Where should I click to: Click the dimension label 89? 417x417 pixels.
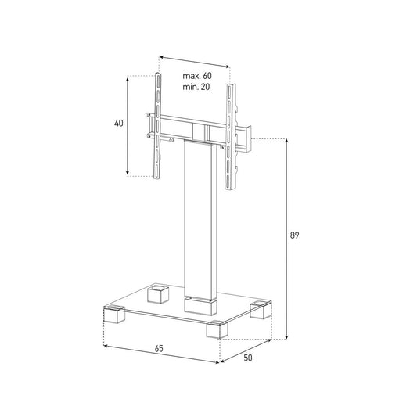(294, 235)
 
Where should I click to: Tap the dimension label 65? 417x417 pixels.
(159, 348)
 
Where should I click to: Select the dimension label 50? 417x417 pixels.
(248, 358)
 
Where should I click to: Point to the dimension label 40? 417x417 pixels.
(119, 124)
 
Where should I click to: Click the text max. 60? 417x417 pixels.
(197, 76)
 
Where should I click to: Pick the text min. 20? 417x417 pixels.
(196, 87)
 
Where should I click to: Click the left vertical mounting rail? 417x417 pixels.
(158, 125)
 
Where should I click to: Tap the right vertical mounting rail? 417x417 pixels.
(230, 137)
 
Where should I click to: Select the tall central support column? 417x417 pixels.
(200, 219)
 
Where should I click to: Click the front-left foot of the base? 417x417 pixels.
(114, 315)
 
